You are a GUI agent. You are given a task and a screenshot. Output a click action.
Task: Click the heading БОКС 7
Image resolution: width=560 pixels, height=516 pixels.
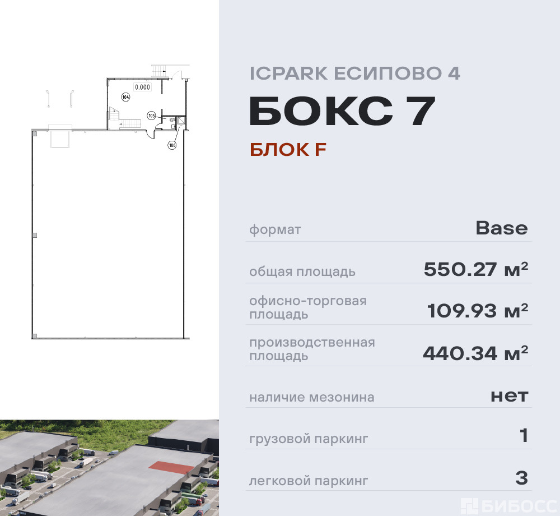[x=342, y=111]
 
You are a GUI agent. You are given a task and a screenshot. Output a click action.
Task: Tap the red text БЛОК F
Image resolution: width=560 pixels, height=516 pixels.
[x=288, y=150]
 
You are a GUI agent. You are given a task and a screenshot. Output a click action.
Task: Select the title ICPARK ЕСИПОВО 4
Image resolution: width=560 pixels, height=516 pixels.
[x=354, y=73]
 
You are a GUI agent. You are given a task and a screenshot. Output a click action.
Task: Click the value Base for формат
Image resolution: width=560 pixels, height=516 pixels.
[x=501, y=228]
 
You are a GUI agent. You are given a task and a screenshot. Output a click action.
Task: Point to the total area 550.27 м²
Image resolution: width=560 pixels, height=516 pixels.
[x=475, y=269]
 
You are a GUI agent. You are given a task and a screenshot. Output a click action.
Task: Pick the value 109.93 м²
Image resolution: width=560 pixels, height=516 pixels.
[x=478, y=310]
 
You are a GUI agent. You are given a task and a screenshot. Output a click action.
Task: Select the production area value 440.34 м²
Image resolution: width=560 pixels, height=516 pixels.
[x=475, y=353]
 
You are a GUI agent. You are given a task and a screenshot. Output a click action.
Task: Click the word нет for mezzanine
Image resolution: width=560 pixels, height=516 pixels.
[x=509, y=396]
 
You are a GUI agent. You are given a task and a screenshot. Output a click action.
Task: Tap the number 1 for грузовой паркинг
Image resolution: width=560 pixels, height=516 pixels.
[x=524, y=436]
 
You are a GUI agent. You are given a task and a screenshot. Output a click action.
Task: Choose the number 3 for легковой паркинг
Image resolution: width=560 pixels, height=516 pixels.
[x=522, y=478]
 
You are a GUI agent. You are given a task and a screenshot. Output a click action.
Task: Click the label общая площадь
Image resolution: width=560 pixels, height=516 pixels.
[x=302, y=272]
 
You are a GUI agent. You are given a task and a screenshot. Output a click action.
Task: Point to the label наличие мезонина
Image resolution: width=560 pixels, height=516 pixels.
[x=312, y=397]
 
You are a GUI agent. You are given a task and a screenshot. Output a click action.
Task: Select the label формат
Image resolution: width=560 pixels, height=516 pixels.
[x=275, y=230]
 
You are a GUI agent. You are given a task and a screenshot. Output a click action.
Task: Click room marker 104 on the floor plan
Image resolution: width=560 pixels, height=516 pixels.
[x=125, y=97]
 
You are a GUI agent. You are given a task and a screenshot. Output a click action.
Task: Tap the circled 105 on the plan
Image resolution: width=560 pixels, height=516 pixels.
[x=151, y=116]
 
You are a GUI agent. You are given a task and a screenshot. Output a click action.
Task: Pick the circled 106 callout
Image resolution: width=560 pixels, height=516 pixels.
[x=172, y=145]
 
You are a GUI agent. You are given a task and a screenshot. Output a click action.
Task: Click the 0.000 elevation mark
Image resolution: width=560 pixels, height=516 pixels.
[x=142, y=87]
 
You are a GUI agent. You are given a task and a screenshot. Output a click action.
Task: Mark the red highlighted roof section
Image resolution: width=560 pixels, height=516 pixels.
[x=171, y=467]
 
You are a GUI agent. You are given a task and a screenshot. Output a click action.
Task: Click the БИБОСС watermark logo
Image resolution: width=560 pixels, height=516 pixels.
[x=509, y=506]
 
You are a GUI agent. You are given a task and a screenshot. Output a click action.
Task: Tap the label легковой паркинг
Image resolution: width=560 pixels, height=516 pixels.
[x=309, y=481]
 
